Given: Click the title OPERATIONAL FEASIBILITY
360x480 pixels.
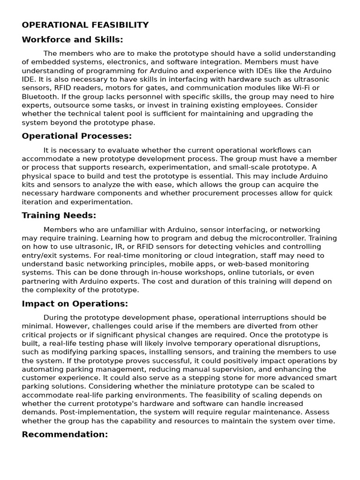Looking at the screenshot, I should coord(85,25).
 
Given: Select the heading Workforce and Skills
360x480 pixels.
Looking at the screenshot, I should coord(72,40).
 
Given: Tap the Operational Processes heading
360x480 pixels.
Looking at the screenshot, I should coord(77,136).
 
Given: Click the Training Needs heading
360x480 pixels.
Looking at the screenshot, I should coord(59,216).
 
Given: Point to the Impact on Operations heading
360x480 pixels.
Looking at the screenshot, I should coord(75,303).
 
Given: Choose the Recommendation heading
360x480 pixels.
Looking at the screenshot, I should coord(65,435).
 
